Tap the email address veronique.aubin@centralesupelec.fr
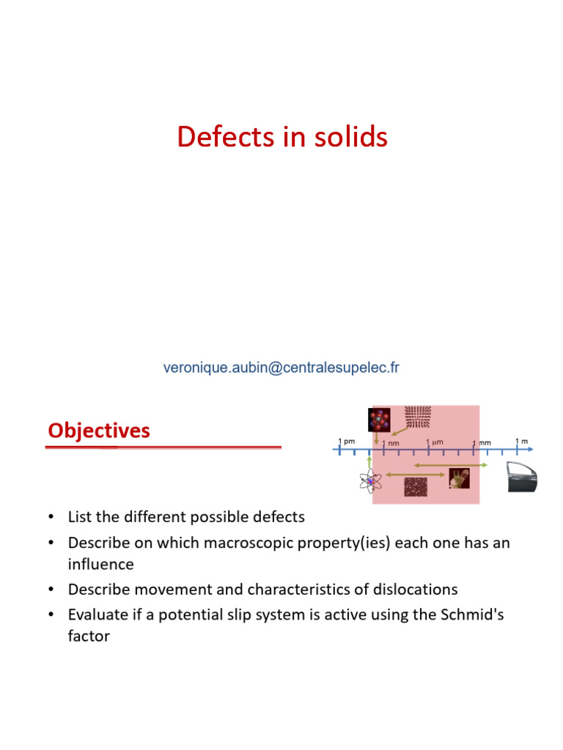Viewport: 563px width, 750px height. [281, 368]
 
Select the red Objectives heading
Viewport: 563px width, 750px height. [99, 431]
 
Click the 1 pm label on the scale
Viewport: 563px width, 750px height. [346, 441]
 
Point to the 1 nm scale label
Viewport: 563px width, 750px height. [391, 443]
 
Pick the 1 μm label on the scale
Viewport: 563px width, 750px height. [435, 442]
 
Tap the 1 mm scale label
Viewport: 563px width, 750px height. [482, 443]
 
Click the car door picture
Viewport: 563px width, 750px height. [523, 477]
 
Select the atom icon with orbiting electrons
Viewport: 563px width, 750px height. [371, 480]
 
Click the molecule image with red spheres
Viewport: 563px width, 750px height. [379, 419]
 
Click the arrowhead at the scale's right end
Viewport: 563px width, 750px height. [530, 449]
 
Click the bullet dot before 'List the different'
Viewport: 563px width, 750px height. [51, 518]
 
